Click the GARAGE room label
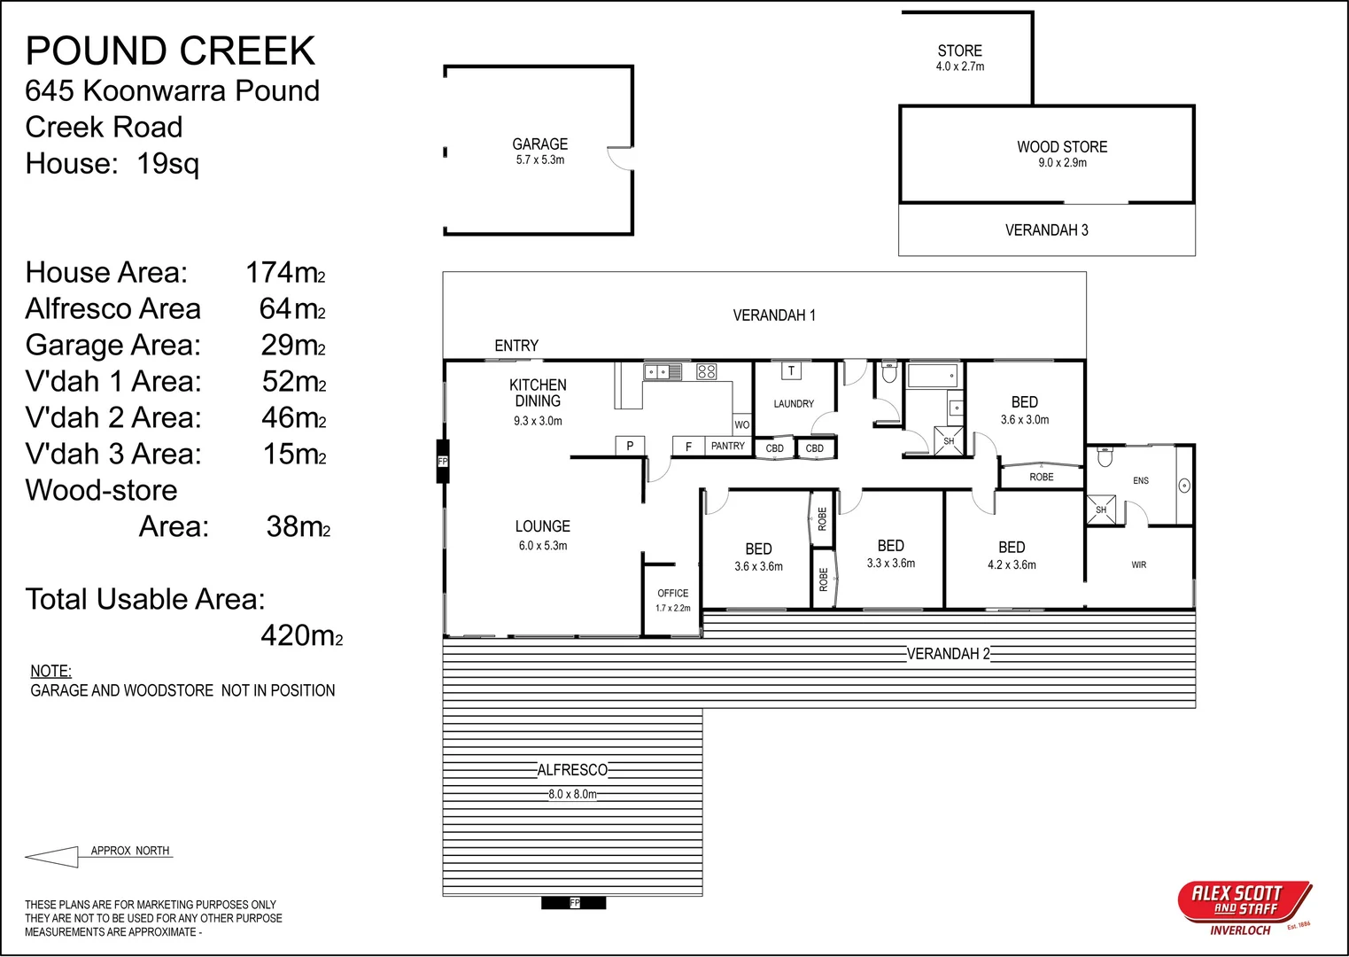[539, 144]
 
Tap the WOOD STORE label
[1062, 147]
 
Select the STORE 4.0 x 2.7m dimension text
[960, 66]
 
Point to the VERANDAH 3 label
[1047, 230]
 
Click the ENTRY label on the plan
[516, 346]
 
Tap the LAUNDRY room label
[794, 404]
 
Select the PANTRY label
[727, 446]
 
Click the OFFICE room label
[672, 593]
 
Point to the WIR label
[1139, 564]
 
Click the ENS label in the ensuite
[1141, 480]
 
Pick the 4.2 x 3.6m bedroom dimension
[1012, 564]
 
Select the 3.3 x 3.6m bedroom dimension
[891, 563]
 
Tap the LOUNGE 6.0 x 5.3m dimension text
[543, 545]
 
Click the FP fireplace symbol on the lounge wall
[443, 462]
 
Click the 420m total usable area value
[302, 636]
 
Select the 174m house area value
[285, 272]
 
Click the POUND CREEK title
[170, 51]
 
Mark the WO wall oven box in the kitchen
[742, 424]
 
